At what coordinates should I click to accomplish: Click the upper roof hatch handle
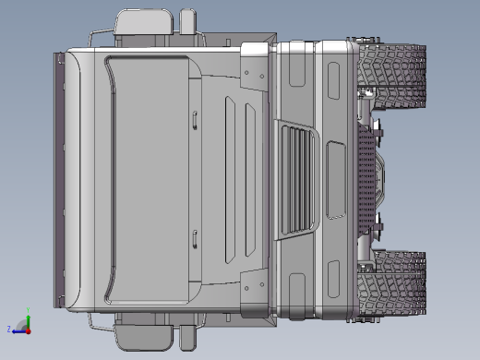pyautogui.click(x=195, y=117)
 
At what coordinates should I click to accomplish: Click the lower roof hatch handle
pyautogui.click(x=195, y=240)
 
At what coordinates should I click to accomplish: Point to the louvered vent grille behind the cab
pyautogui.click(x=297, y=180)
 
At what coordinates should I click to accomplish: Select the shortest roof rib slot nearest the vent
pyautogui.click(x=260, y=179)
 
